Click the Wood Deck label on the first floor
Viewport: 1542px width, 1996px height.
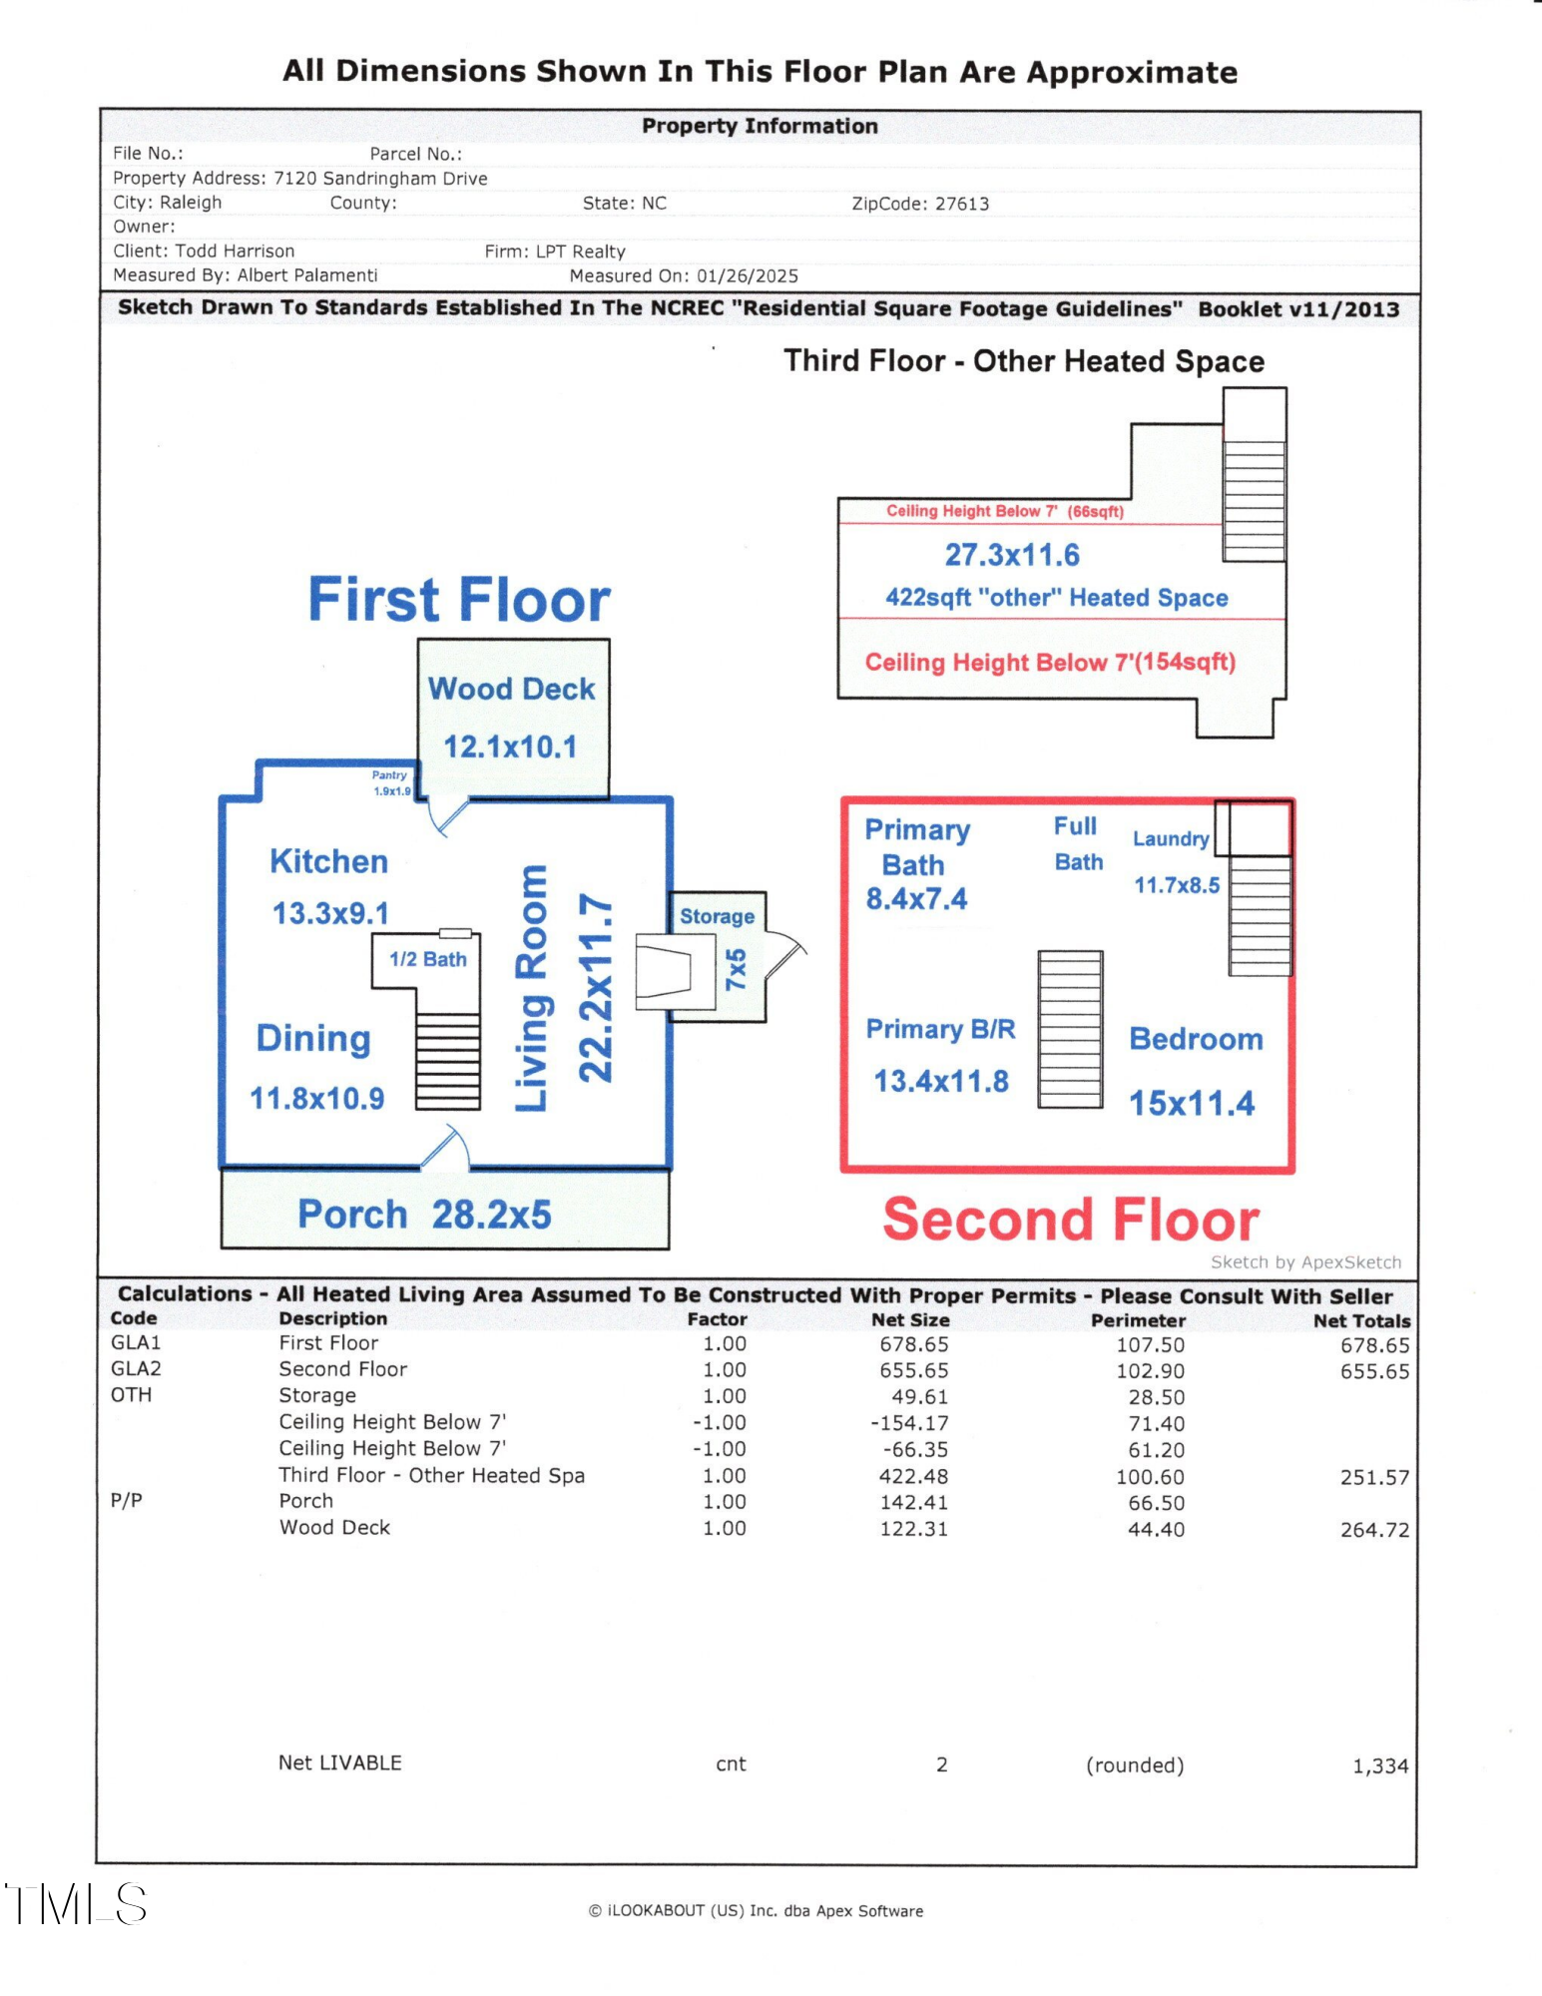click(x=511, y=689)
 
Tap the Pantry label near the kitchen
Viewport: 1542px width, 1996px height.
click(x=389, y=775)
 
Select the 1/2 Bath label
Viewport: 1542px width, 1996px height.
click(x=427, y=959)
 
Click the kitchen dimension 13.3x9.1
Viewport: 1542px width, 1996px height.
click(x=330, y=913)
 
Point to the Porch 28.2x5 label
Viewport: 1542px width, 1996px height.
click(x=424, y=1215)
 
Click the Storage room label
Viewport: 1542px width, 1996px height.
click(x=717, y=916)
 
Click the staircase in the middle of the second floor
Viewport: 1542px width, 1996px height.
click(x=1070, y=1029)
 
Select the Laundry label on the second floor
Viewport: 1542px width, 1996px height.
click(x=1171, y=839)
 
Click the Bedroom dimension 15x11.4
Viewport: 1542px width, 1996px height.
click(x=1192, y=1104)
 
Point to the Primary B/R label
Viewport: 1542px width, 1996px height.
click(x=940, y=1029)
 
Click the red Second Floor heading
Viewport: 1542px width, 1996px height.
click(x=1071, y=1221)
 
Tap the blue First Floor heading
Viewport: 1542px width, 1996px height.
click(x=459, y=600)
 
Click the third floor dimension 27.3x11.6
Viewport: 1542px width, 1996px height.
click(x=1012, y=555)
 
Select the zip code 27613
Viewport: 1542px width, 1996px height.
click(x=961, y=204)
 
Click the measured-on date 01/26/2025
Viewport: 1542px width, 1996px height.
click(x=748, y=276)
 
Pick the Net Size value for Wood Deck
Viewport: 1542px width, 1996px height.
click(x=913, y=1529)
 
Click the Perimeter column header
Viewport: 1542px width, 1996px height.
click(x=1138, y=1320)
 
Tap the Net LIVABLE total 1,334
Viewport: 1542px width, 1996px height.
click(x=1380, y=1766)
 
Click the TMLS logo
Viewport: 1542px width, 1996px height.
click(x=76, y=1904)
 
